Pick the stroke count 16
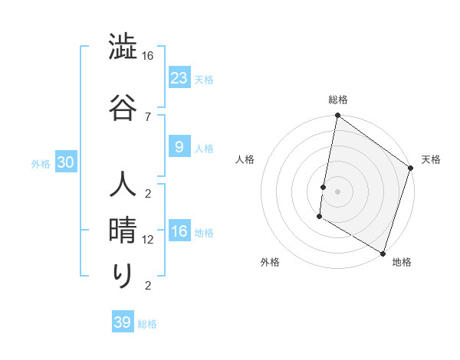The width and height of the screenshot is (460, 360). (148, 56)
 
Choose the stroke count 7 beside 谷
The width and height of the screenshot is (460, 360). (148, 116)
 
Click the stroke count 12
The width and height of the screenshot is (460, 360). (148, 240)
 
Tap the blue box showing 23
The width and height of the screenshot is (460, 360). (179, 77)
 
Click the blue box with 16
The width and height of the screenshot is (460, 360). (179, 231)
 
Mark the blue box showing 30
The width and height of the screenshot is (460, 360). (65, 162)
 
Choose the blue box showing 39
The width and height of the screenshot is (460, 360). (122, 322)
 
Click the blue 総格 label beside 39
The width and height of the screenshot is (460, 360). (147, 324)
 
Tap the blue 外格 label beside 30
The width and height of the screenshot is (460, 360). (41, 163)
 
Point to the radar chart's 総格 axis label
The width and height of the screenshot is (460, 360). (337, 100)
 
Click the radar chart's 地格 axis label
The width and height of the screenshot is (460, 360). (402, 262)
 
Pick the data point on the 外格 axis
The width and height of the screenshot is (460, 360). (318, 217)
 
